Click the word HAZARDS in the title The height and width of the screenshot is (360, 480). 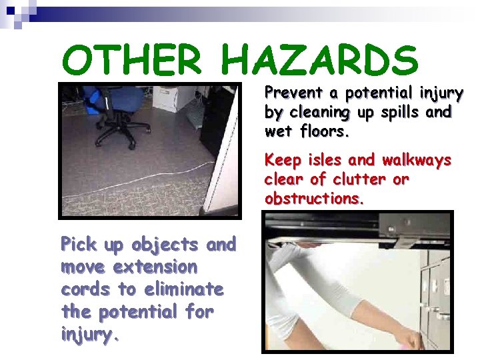pos(320,60)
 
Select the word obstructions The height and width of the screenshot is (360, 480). pos(314,199)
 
